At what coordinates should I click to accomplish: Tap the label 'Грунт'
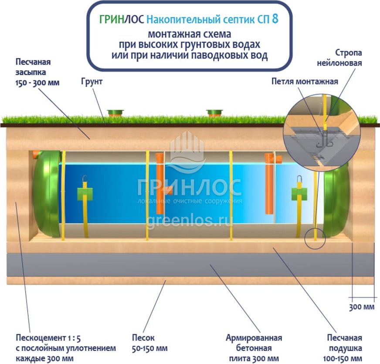click(92, 82)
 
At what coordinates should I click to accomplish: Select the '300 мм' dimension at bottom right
click(362, 307)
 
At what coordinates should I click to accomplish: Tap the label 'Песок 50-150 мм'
click(150, 343)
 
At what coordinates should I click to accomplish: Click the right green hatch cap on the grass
click(214, 113)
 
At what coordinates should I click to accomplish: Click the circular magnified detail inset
click(321, 134)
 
